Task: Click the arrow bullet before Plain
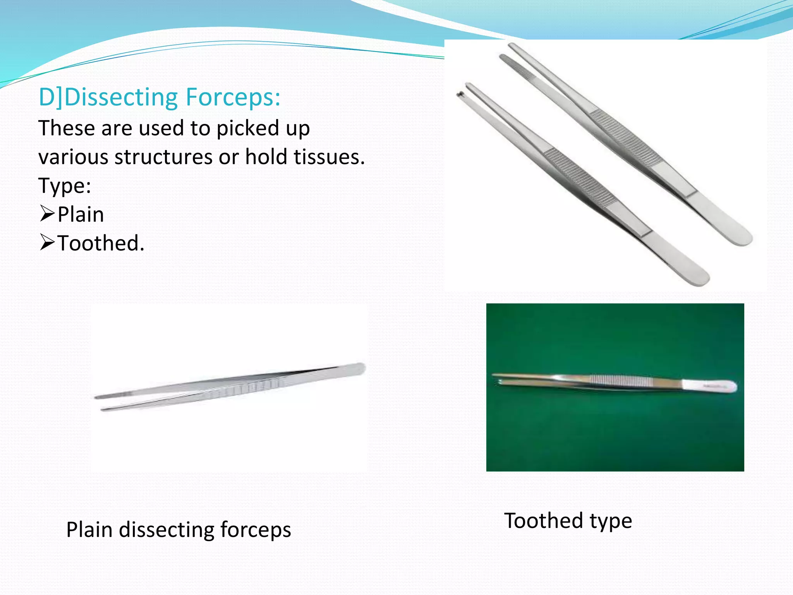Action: (47, 214)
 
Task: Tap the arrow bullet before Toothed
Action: (47, 243)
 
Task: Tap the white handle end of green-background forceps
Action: (711, 386)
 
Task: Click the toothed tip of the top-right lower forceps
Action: (461, 94)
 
